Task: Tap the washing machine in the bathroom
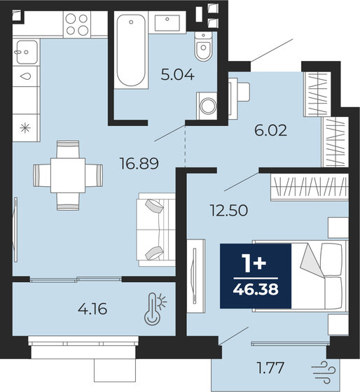point(208,105)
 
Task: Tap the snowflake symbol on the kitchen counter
point(25,127)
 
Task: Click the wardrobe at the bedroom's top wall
point(308,188)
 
